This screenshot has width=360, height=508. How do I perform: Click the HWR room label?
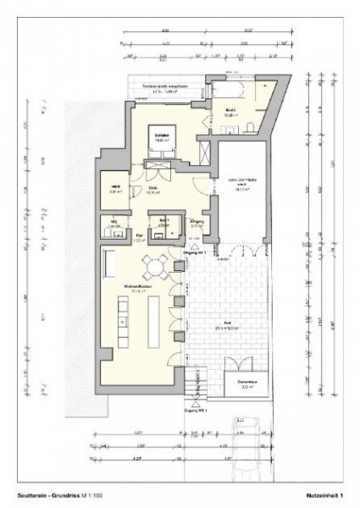pos(117,188)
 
